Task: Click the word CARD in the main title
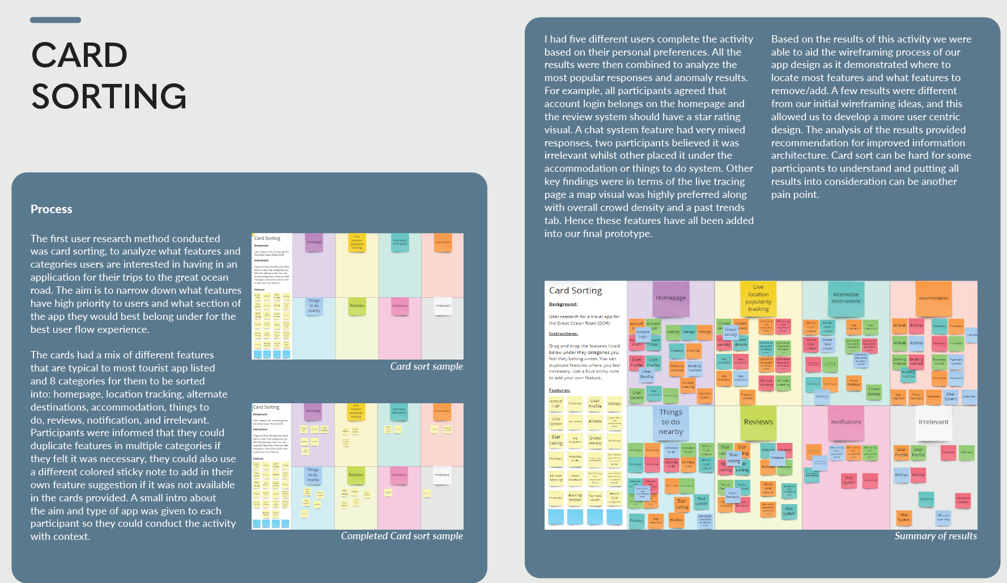(79, 55)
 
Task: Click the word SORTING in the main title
(109, 96)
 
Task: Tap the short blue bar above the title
(56, 20)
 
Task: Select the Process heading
(52, 209)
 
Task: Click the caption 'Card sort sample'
(426, 366)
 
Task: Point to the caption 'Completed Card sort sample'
(402, 536)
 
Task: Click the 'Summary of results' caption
(936, 536)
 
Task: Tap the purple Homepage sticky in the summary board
(670, 298)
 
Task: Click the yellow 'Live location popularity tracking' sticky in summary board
(758, 298)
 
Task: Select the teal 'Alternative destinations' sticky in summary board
(845, 298)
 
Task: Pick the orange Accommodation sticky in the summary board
(933, 298)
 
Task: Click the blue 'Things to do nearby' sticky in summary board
(670, 422)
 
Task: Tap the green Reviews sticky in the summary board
(758, 422)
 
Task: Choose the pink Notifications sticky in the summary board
(845, 422)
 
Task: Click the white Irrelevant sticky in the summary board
(933, 422)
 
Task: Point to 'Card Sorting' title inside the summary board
(575, 290)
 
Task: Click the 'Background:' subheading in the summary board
(563, 305)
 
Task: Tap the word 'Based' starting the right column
(785, 39)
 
